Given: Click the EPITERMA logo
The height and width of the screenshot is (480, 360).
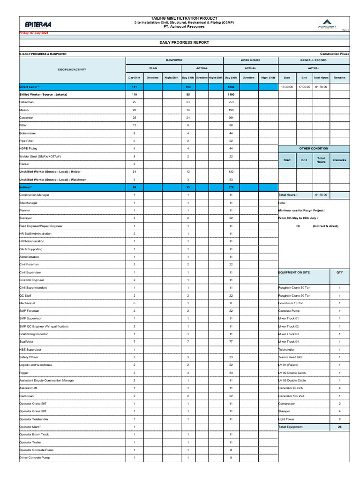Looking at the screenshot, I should coord(36,24).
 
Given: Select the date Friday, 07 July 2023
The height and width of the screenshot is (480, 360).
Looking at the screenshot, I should coord(33,33).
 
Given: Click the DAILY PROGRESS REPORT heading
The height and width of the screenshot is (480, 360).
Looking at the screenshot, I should coord(184,43).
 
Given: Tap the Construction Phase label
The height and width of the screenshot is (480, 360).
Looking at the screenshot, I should coord(335,54).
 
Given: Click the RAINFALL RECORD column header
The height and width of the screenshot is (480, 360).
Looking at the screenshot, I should coord(314,60).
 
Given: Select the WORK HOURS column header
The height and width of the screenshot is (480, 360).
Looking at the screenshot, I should coord(250,60).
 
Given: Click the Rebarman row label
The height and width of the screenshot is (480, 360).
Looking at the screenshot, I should coord(26,102).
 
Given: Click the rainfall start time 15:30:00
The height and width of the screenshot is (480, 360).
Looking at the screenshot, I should coord(287,87).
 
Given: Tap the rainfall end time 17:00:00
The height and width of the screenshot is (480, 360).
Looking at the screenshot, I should coord(304,87).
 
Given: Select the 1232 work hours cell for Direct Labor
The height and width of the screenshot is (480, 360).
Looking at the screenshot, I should coord(231,87).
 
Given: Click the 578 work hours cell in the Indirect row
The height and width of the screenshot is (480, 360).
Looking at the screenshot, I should coord(231,187).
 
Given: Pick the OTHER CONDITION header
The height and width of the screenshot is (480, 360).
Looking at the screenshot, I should coord(314,149).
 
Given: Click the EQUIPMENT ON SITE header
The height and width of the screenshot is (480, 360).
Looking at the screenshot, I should coord(294,272).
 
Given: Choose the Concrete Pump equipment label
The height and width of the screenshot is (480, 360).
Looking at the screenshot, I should coord(289,311).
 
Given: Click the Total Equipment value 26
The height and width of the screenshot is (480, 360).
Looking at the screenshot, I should coord(339,427).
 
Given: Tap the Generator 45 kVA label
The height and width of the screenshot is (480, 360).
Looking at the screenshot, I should coord(291,388).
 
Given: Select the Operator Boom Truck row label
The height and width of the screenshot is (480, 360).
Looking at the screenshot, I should coord(34,435).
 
